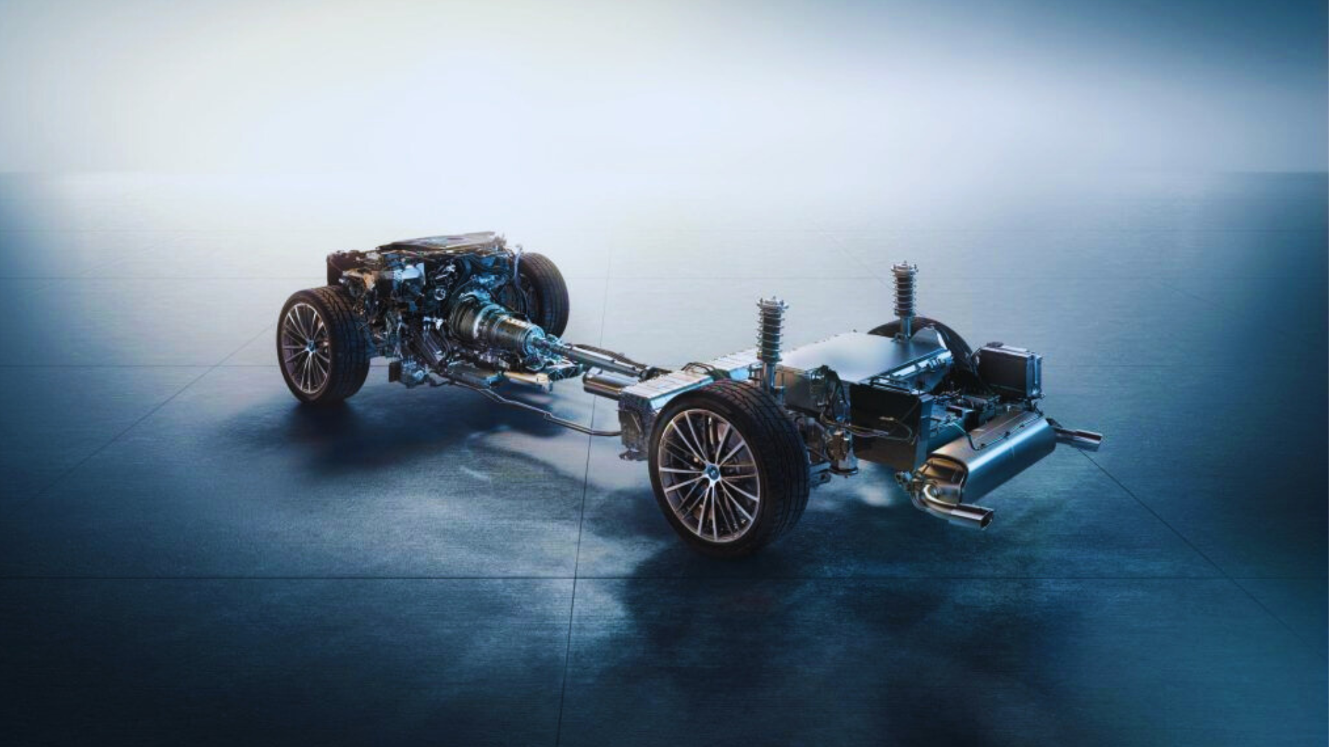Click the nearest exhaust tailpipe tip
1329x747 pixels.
click(977, 515)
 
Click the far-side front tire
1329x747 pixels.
click(547, 290)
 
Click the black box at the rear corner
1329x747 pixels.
click(1011, 370)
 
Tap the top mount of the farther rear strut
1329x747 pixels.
click(904, 268)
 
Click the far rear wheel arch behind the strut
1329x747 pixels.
click(941, 339)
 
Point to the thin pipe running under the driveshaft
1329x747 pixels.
click(554, 415)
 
